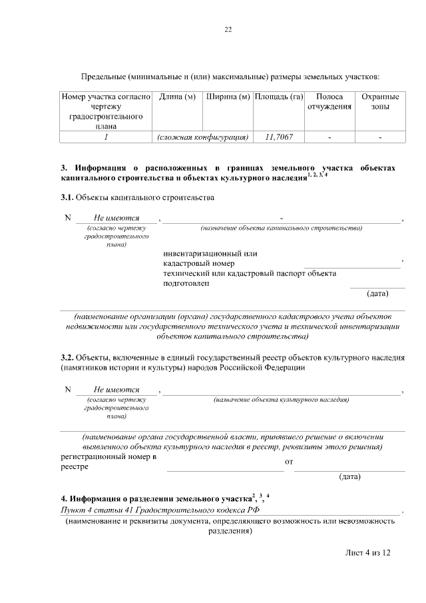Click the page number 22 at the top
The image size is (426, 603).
pos(228,29)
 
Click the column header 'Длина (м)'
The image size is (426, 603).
pos(177,97)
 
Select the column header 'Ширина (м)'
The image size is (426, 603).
pos(228,97)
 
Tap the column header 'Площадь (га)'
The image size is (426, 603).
pos(279,97)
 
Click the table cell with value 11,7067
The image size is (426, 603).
pos(279,137)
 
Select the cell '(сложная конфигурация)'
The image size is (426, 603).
pos(202,137)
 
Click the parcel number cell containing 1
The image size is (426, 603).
pos(106,137)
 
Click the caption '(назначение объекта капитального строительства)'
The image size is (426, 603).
pos(281,229)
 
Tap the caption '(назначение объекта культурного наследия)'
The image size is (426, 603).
pos(281,400)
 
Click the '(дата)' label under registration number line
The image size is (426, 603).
pos(349,477)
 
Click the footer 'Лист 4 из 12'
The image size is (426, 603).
pos(367,553)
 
